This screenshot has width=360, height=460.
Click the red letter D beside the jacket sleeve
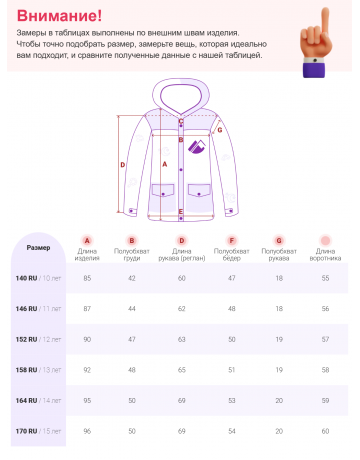click(122, 165)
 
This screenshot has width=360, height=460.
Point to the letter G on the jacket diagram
click(219, 130)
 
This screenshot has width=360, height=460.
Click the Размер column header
click(38, 247)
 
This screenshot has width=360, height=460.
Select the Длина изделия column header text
click(87, 255)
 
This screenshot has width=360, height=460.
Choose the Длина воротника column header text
click(325, 255)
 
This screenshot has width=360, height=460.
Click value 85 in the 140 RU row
click(87, 277)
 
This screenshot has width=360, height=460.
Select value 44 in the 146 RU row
click(131, 308)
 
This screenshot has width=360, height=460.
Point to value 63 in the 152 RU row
click(182, 339)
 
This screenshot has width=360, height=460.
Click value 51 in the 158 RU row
click(231, 370)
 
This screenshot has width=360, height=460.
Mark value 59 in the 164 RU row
click(325, 401)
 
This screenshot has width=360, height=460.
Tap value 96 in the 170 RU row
click(87, 431)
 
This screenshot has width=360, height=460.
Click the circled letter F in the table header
click(231, 240)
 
